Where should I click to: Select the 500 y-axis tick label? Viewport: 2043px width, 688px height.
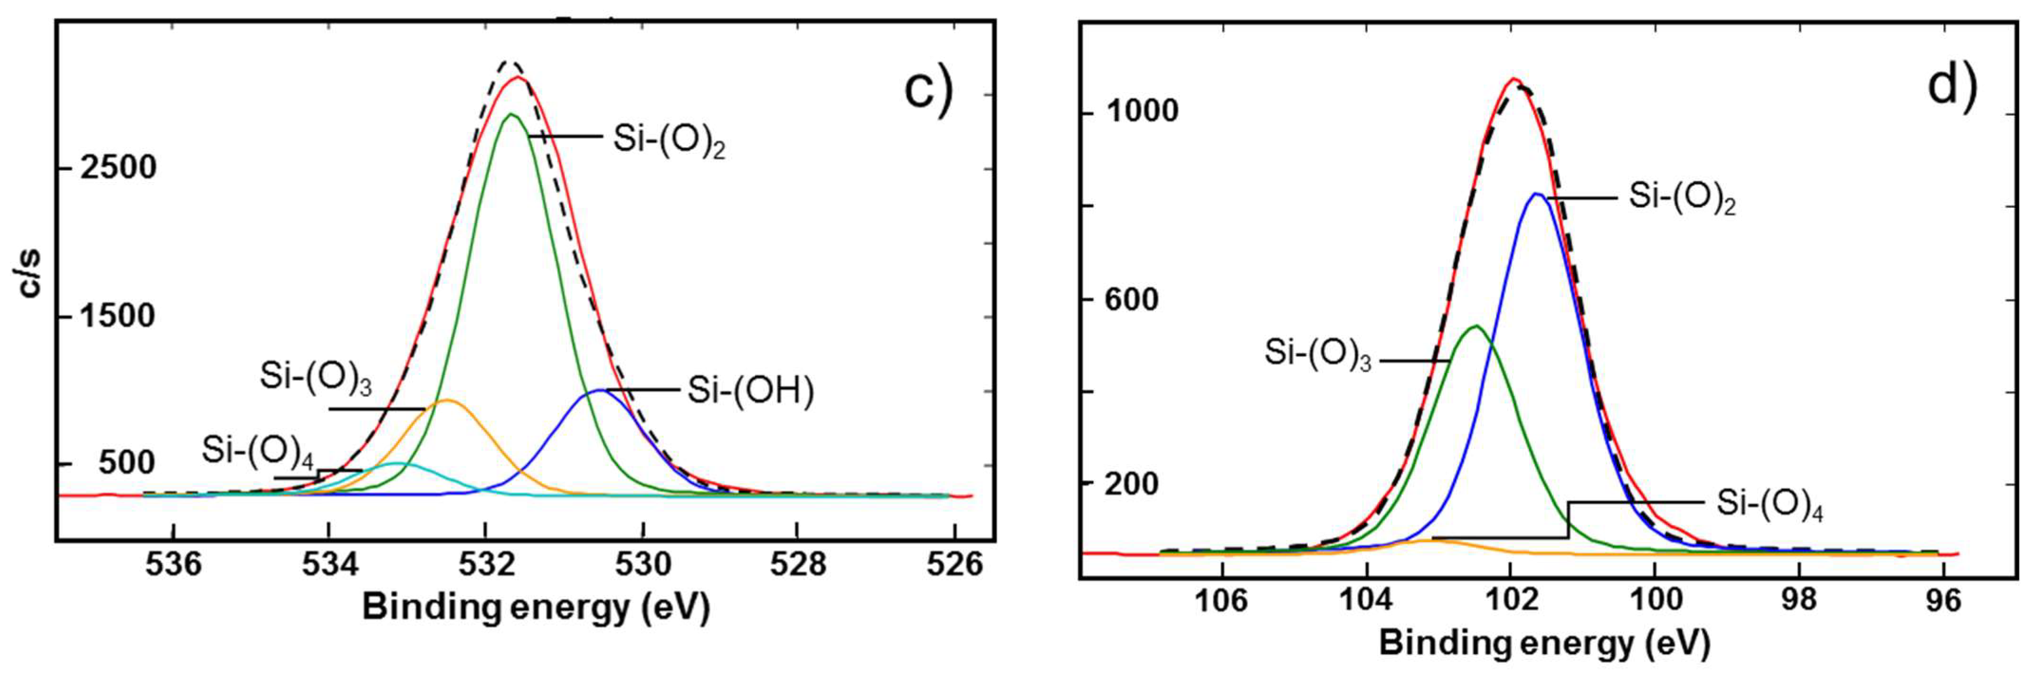coord(127,463)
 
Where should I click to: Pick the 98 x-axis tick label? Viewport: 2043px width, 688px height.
coord(1799,600)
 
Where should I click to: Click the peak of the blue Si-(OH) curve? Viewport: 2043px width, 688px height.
coord(599,390)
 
